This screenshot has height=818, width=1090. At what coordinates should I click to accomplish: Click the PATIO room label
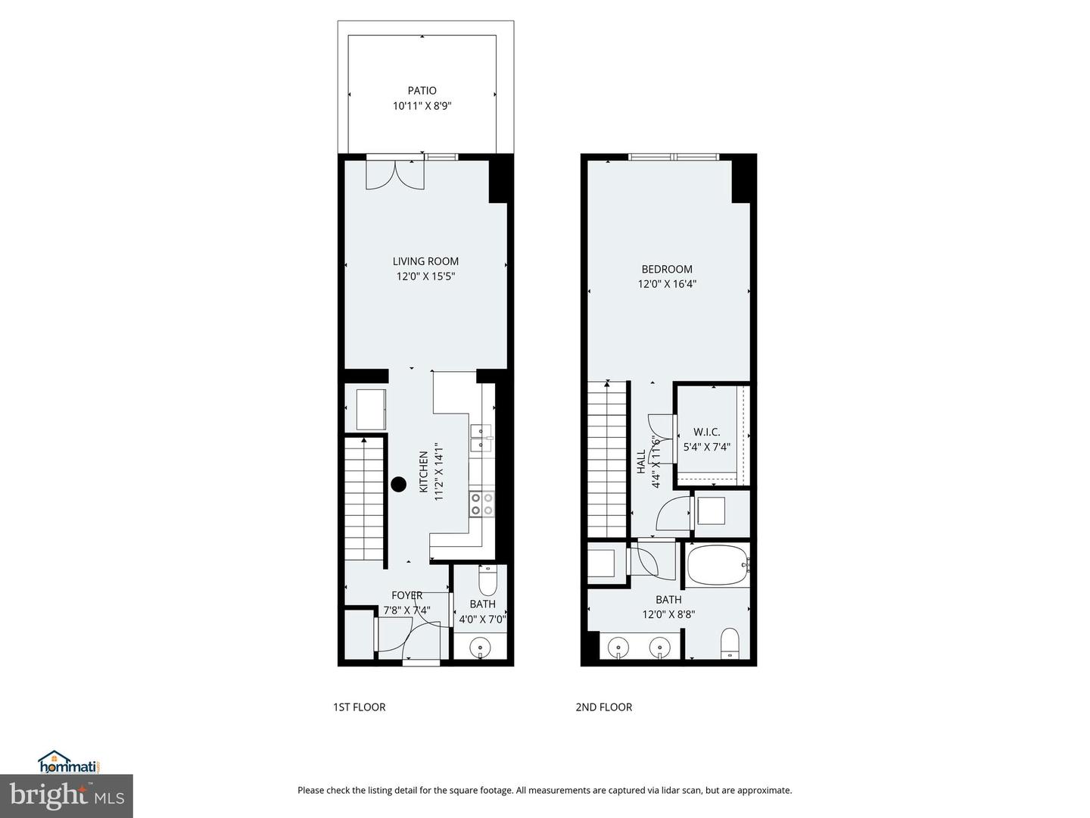[422, 91]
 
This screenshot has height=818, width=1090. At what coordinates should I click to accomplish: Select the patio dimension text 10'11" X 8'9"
[422, 107]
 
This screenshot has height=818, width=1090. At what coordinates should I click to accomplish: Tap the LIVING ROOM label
[425, 261]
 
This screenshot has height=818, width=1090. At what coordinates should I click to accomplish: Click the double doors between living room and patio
[394, 174]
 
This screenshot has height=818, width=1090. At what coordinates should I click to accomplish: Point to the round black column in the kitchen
[398, 485]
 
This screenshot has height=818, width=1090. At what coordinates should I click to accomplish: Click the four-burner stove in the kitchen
[481, 504]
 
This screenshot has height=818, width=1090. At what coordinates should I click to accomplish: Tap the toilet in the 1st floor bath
[487, 581]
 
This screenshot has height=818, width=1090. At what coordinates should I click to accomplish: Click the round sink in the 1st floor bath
[479, 648]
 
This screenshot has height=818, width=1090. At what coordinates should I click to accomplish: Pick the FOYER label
[406, 595]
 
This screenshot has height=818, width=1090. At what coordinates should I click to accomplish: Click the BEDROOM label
[667, 269]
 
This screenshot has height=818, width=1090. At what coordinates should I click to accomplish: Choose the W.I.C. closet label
[707, 432]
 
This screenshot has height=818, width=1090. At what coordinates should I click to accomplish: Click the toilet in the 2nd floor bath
[730, 643]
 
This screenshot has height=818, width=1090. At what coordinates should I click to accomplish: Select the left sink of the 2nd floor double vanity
[619, 648]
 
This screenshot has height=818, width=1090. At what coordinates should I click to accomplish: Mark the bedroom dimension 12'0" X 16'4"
[667, 285]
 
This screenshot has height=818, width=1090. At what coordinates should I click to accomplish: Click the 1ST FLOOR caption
[360, 707]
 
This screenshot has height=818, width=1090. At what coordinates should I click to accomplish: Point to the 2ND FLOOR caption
[604, 707]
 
